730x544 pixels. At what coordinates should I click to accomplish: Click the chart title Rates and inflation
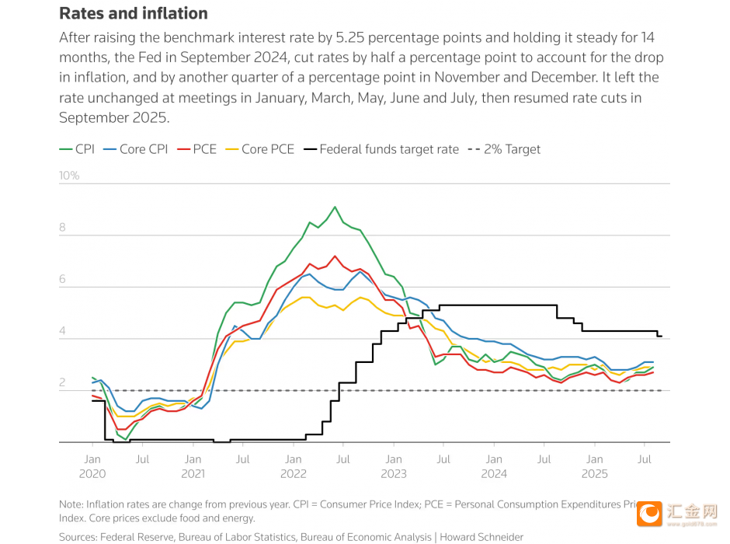pyautogui.click(x=134, y=13)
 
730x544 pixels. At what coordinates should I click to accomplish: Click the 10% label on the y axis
pyautogui.click(x=69, y=176)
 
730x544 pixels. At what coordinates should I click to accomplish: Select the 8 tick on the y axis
pyautogui.click(x=63, y=228)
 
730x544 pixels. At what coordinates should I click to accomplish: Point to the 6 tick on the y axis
pyautogui.click(x=63, y=280)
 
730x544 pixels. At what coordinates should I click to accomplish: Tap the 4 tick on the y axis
pyautogui.click(x=63, y=332)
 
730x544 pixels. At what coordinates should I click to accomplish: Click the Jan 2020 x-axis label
pyautogui.click(x=92, y=466)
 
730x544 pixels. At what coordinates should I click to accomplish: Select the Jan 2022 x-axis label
pyautogui.click(x=293, y=466)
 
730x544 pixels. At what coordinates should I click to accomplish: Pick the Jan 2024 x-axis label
pyautogui.click(x=494, y=466)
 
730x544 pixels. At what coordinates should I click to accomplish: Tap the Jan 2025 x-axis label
pyautogui.click(x=594, y=466)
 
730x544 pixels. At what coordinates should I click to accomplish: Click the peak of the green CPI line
pyautogui.click(x=335, y=207)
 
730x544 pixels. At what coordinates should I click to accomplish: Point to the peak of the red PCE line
pyautogui.click(x=335, y=256)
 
